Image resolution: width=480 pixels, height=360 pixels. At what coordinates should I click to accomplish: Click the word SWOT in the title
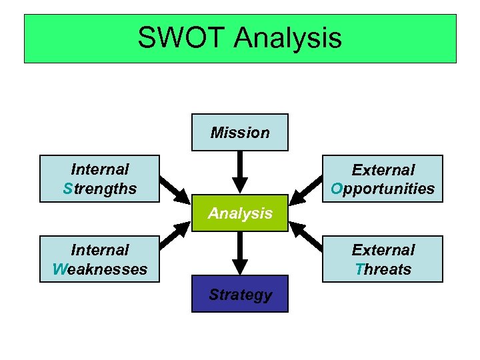[181, 38]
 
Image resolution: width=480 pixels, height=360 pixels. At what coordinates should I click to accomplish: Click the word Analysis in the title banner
[288, 39]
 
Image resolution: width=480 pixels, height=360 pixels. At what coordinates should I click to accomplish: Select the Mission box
[240, 132]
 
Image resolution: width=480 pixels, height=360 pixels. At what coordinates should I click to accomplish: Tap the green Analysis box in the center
[240, 213]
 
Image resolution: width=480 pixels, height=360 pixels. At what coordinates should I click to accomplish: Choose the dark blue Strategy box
[240, 294]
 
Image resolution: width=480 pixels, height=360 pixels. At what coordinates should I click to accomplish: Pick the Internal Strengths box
[99, 179]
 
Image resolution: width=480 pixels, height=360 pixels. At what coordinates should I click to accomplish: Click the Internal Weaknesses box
[99, 259]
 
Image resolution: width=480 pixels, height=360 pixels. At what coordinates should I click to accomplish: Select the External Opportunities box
[383, 179]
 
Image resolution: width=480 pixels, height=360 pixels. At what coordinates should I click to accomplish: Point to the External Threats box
[383, 259]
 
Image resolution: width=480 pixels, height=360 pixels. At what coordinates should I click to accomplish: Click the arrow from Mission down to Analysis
[240, 172]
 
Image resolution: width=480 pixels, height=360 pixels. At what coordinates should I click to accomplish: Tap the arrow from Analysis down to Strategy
[240, 253]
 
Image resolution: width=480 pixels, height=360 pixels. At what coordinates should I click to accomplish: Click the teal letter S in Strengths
[67, 189]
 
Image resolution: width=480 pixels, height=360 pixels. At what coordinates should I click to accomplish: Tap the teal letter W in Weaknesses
[58, 269]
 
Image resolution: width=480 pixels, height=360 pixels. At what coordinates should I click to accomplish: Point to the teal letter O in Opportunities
[337, 189]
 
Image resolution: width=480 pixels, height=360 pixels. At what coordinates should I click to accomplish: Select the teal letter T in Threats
[359, 269]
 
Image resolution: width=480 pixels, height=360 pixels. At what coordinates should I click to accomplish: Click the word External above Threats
[383, 250]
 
